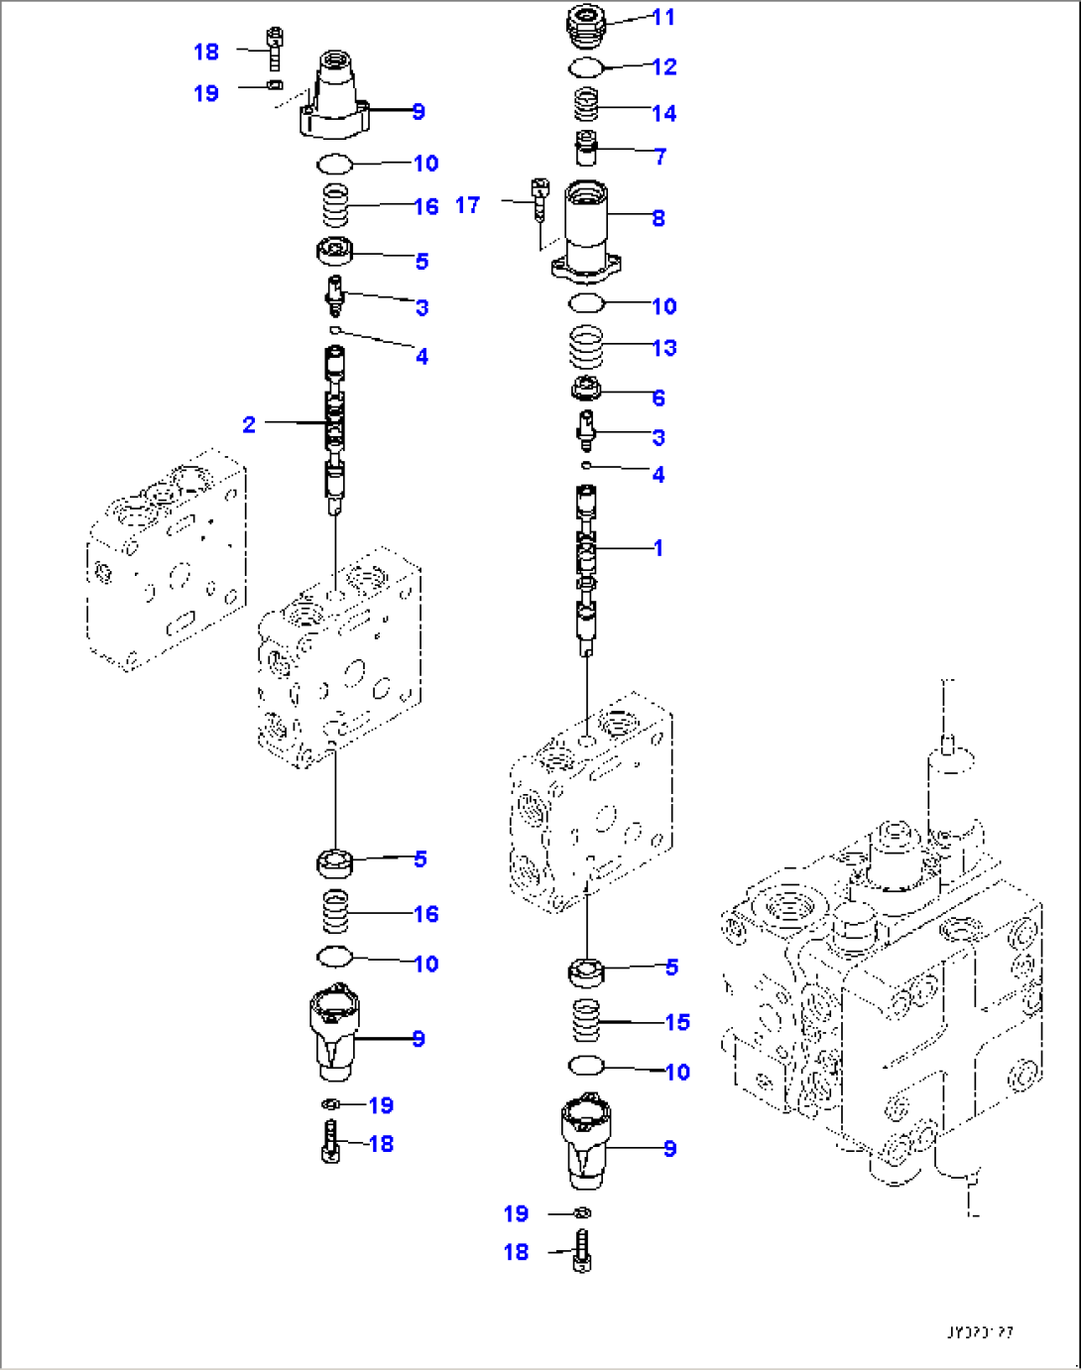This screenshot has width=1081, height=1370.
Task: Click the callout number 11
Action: coord(663,17)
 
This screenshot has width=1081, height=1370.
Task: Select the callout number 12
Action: coord(663,66)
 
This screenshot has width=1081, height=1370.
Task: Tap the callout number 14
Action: coord(663,113)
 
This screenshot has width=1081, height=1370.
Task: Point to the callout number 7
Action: coord(660,156)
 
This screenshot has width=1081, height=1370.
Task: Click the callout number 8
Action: coord(658,218)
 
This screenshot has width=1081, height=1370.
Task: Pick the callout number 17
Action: coord(467,205)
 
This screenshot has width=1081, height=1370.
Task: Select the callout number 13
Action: coord(663,348)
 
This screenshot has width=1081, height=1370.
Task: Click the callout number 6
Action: coord(658,398)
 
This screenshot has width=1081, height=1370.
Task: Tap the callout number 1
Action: coord(658,547)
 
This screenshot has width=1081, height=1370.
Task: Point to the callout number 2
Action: coord(249,424)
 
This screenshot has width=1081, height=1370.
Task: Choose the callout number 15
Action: coord(676,1022)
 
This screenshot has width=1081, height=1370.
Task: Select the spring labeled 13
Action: coord(586,348)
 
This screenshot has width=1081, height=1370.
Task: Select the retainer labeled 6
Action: coord(586,390)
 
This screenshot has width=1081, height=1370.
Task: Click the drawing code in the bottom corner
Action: coord(979,1333)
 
